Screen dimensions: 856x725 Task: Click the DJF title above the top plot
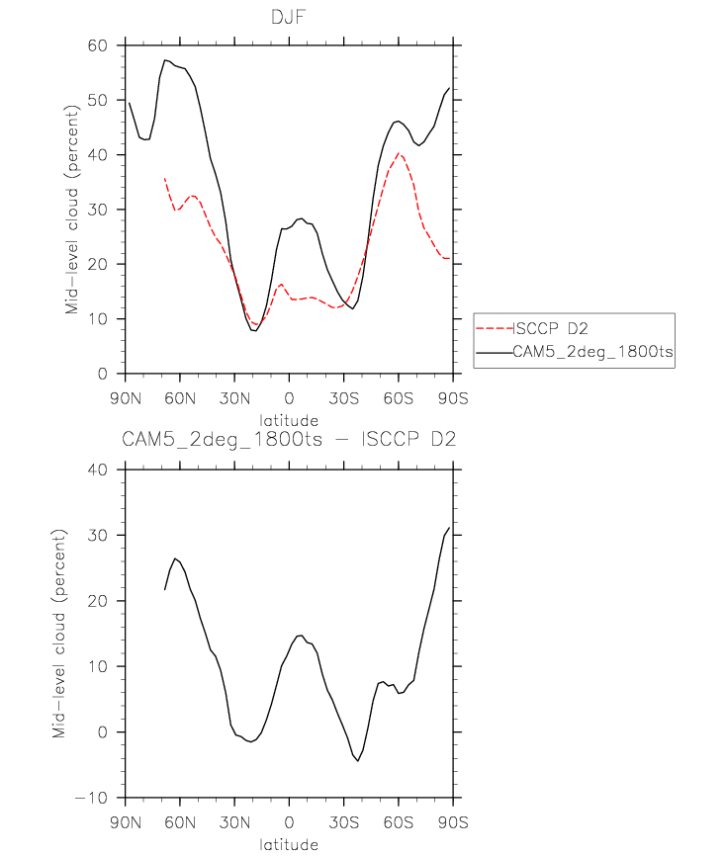(288, 17)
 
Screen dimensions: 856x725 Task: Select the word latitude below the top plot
(288, 420)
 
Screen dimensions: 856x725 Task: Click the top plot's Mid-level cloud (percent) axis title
(72, 209)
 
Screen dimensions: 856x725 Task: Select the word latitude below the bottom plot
(288, 845)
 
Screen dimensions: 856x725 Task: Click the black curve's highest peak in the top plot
(166, 60)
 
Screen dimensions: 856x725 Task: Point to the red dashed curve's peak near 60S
(398, 153)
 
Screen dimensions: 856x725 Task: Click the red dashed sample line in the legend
(496, 329)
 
